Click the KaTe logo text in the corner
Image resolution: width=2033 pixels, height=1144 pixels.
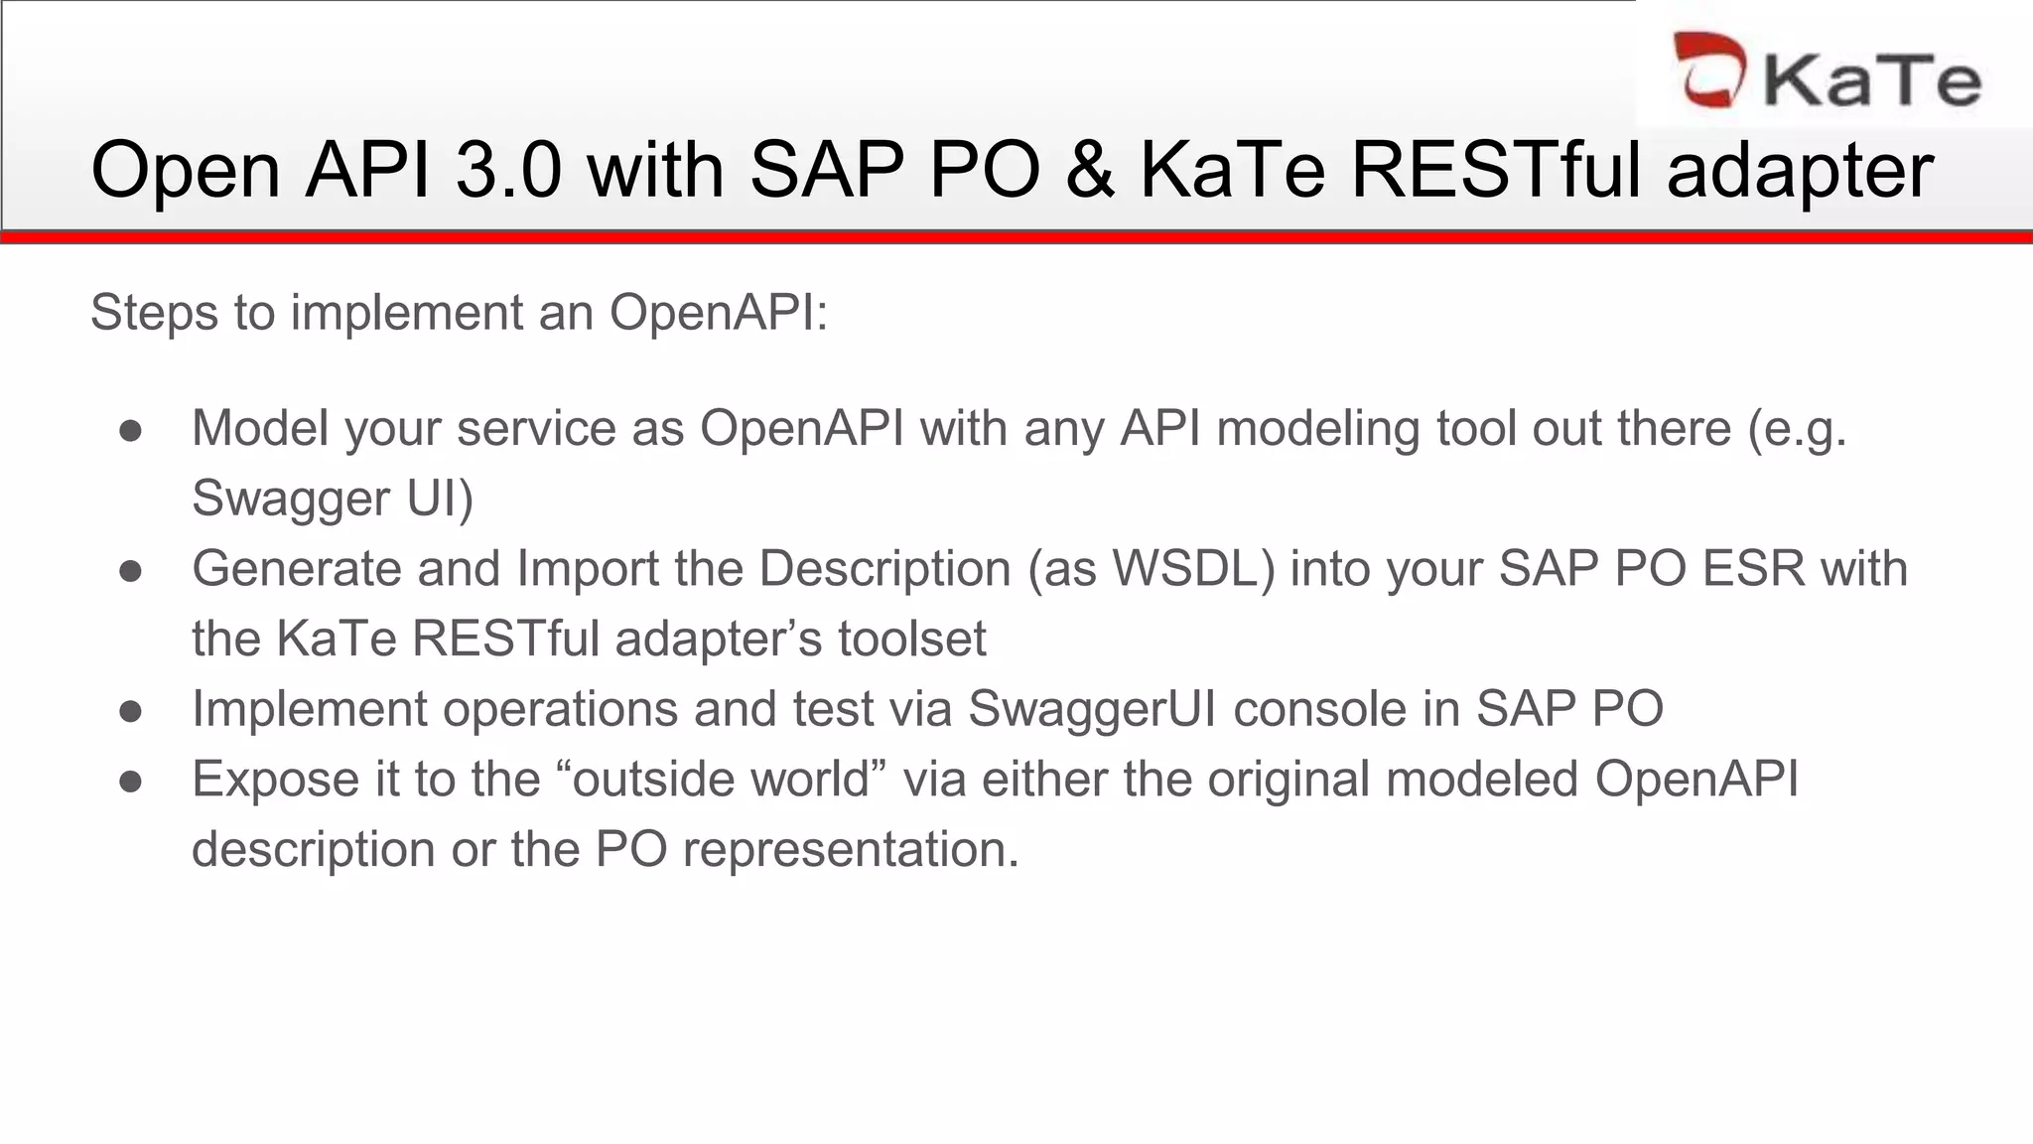pos(1871,79)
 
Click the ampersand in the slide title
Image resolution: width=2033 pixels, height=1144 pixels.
pos(1089,170)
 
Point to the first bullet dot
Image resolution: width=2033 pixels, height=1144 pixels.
pos(130,430)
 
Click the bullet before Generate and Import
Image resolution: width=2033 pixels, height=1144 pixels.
pos(130,571)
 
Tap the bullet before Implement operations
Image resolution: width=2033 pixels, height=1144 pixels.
pos(130,711)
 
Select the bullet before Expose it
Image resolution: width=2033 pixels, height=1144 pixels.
pos(130,782)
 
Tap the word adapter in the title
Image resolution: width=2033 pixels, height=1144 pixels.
pos(1800,170)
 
